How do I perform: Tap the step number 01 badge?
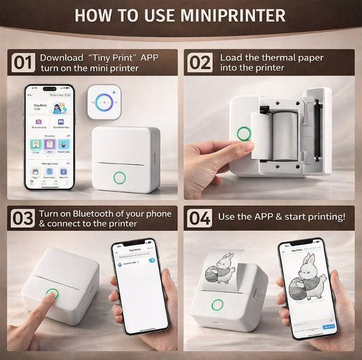click(x=23, y=64)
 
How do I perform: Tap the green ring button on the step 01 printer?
click(x=120, y=179)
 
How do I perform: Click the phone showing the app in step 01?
click(x=49, y=138)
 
